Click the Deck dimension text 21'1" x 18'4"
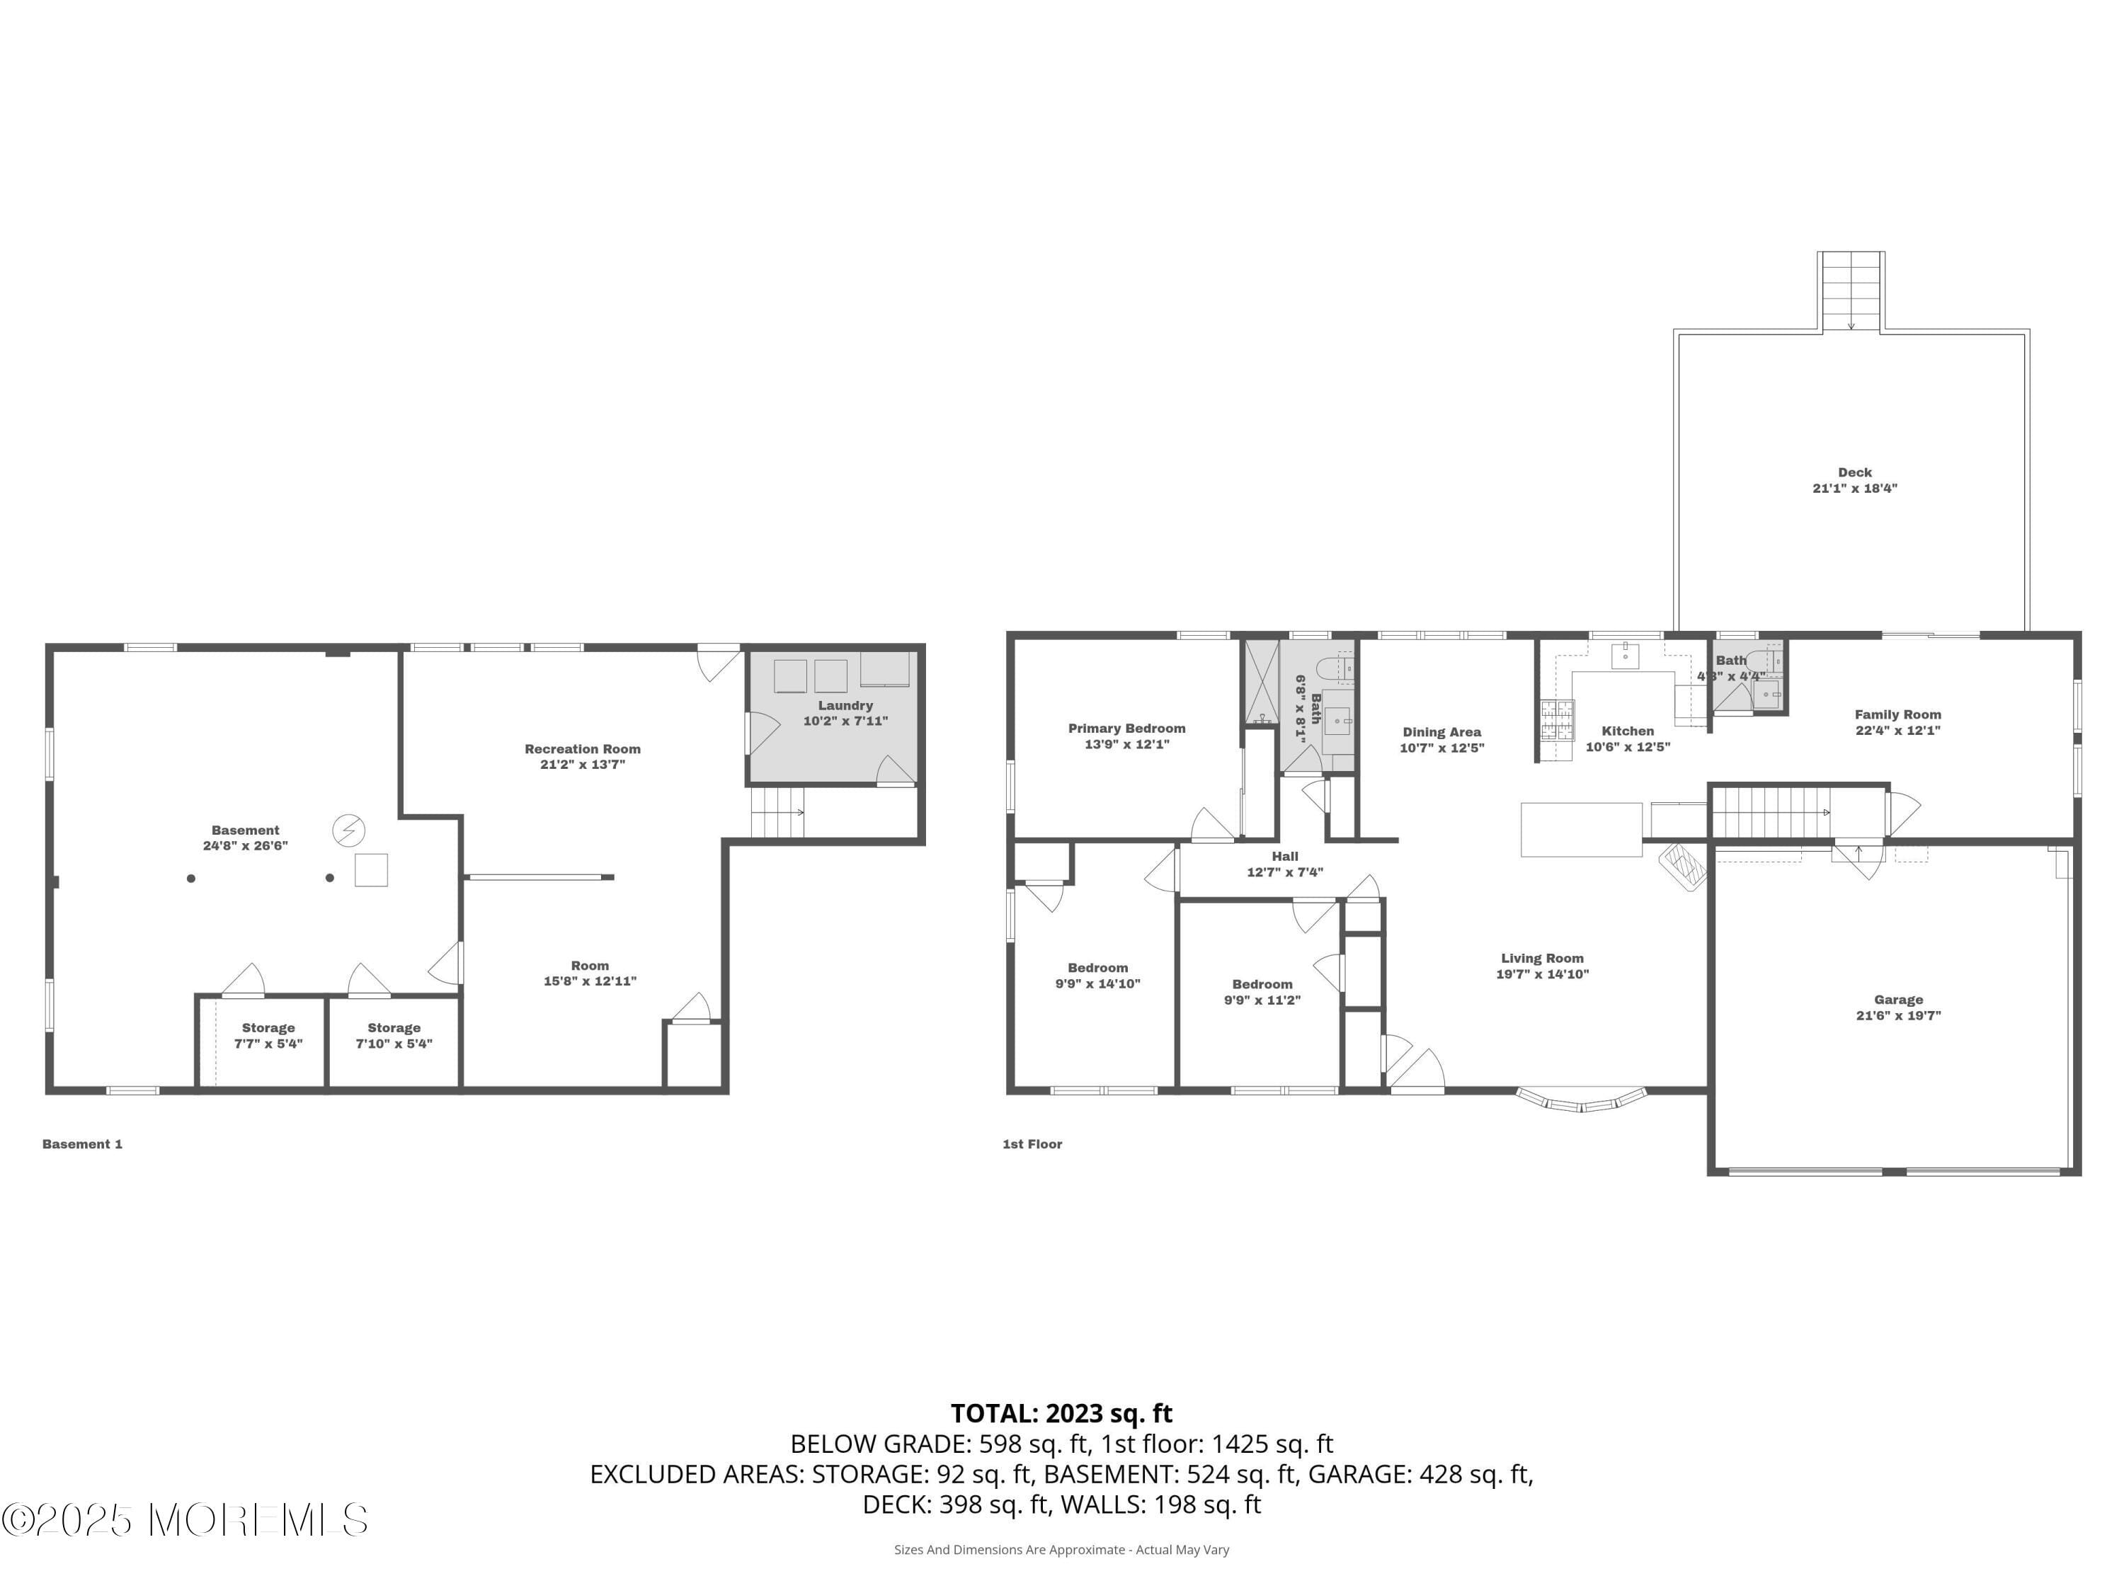click(x=1854, y=488)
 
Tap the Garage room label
click(x=1897, y=1000)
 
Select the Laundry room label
click(x=845, y=706)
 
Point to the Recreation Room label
click(x=582, y=749)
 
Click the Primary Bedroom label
click(x=1126, y=729)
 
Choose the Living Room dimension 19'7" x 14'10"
click(x=1542, y=973)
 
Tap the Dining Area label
click(x=1441, y=731)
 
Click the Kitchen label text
click(x=1628, y=731)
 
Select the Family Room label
click(x=1897, y=714)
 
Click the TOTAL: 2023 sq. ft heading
click(x=1061, y=1413)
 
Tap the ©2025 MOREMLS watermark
click(x=184, y=1520)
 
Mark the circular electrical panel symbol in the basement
click(x=348, y=830)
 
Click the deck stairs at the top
click(x=1850, y=291)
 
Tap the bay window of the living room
click(x=1580, y=1100)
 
